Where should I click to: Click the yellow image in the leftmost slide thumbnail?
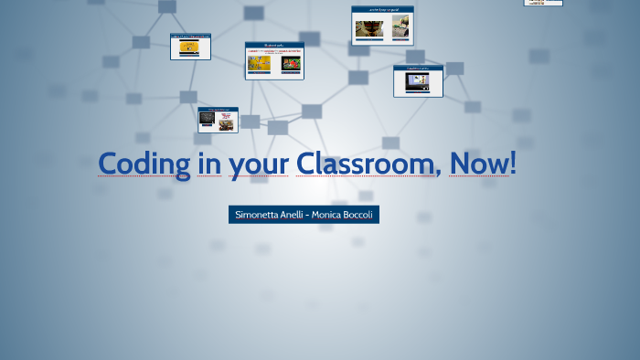pyautogui.click(x=189, y=47)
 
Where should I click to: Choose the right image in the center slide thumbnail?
pyautogui.click(x=292, y=64)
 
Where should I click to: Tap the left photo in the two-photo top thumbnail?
pyautogui.click(x=368, y=28)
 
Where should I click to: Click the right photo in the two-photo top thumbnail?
pyautogui.click(x=400, y=28)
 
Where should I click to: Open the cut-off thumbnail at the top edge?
pyautogui.click(x=543, y=3)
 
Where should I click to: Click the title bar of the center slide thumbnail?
pyautogui.click(x=274, y=45)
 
